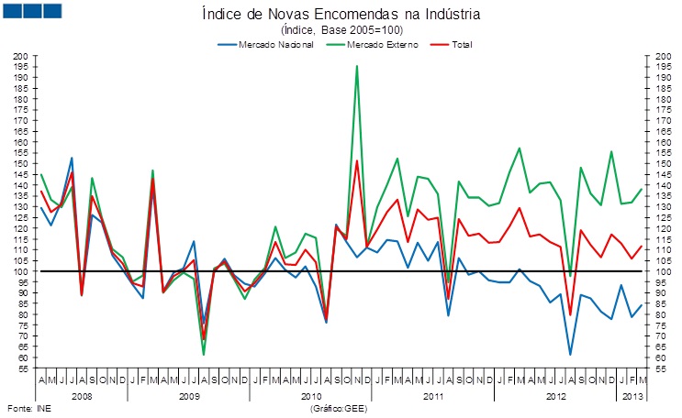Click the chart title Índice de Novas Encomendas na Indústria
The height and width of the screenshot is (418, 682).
[340, 15]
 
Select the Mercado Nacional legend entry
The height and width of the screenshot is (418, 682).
[275, 44]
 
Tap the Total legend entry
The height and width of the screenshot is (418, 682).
[463, 44]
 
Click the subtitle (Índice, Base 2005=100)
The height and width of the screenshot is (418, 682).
[341, 30]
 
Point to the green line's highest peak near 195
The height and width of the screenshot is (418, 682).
[356, 66]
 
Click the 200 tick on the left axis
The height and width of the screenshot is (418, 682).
[19, 57]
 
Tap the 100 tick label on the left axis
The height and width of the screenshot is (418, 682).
[19, 271]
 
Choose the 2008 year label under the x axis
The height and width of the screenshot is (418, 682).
[81, 397]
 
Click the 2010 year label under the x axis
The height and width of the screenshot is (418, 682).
[311, 397]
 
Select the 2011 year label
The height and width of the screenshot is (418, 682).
[432, 397]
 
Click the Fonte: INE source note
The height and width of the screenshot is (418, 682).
[27, 408]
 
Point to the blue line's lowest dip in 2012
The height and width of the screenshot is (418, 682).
[570, 354]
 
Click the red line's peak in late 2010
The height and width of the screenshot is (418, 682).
[356, 161]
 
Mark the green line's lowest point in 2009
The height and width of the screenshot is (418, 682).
[204, 354]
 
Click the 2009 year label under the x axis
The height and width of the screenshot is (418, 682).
[190, 397]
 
